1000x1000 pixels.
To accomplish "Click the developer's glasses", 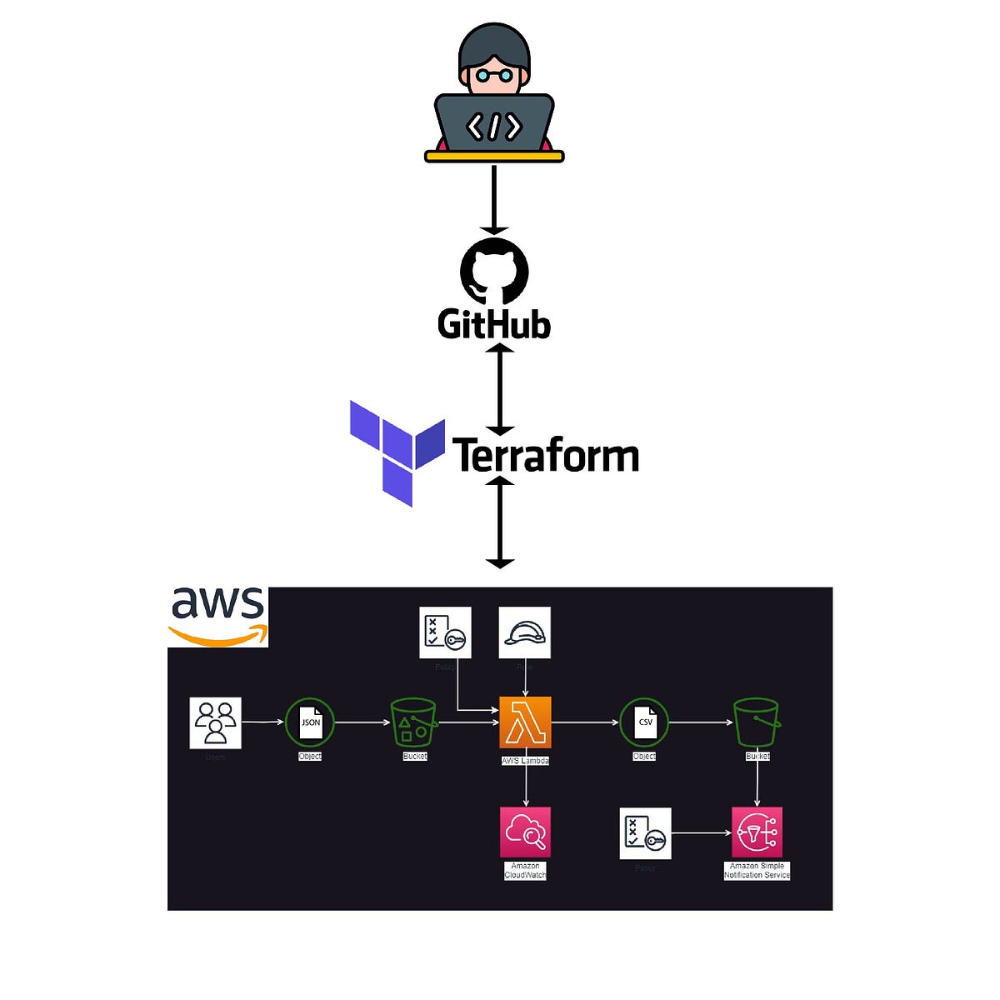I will pyautogui.click(x=494, y=75).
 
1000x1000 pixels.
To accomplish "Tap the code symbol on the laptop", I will pyautogui.click(x=494, y=127).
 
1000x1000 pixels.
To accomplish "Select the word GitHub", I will pyautogui.click(x=494, y=324).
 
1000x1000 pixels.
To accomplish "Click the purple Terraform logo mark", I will pyautogui.click(x=397, y=451).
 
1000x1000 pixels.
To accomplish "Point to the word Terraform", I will pyautogui.click(x=546, y=456).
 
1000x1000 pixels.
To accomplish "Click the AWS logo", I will pyautogui.click(x=218, y=615).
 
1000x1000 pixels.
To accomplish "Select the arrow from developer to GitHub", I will pyautogui.click(x=494, y=200).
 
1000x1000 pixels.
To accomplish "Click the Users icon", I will pyautogui.click(x=216, y=722).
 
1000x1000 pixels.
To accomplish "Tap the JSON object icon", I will pyautogui.click(x=310, y=722).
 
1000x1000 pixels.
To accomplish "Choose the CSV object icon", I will pyautogui.click(x=644, y=722).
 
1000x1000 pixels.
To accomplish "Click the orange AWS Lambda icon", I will pyautogui.click(x=525, y=722).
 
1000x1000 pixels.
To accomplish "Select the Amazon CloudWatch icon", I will pyautogui.click(x=525, y=832).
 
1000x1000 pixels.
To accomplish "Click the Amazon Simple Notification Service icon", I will pyautogui.click(x=757, y=832).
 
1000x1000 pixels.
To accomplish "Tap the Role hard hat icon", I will pyautogui.click(x=524, y=632).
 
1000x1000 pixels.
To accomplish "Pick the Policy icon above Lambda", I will pyautogui.click(x=445, y=632).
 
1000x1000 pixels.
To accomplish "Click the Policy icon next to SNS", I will pyautogui.click(x=645, y=832).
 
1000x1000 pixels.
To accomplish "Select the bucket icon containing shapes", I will pyautogui.click(x=414, y=722).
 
